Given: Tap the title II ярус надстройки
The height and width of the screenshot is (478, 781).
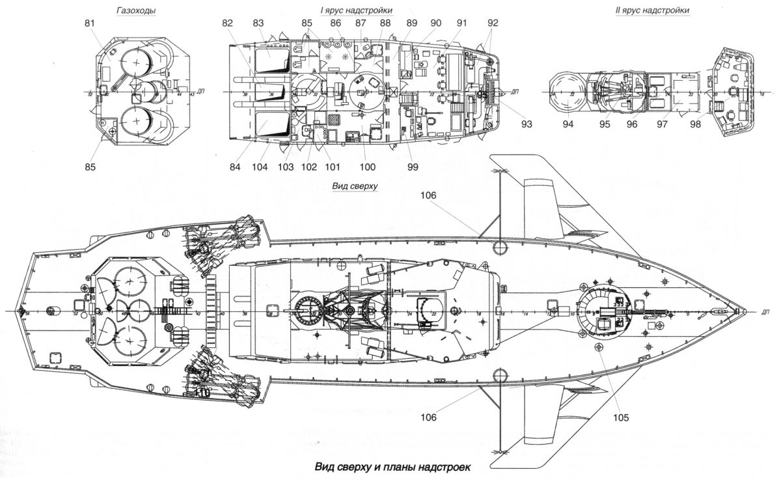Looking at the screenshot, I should (658, 10).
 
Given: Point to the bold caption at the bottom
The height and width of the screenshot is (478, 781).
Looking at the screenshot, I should (391, 466).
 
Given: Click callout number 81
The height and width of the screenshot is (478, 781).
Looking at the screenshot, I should (90, 24).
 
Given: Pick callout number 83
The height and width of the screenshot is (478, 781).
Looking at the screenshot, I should (258, 24).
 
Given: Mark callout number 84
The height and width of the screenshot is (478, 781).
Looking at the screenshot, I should (234, 167).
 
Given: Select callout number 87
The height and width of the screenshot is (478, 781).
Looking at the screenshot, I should (360, 24).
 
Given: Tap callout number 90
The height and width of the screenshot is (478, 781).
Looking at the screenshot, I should (435, 24).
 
